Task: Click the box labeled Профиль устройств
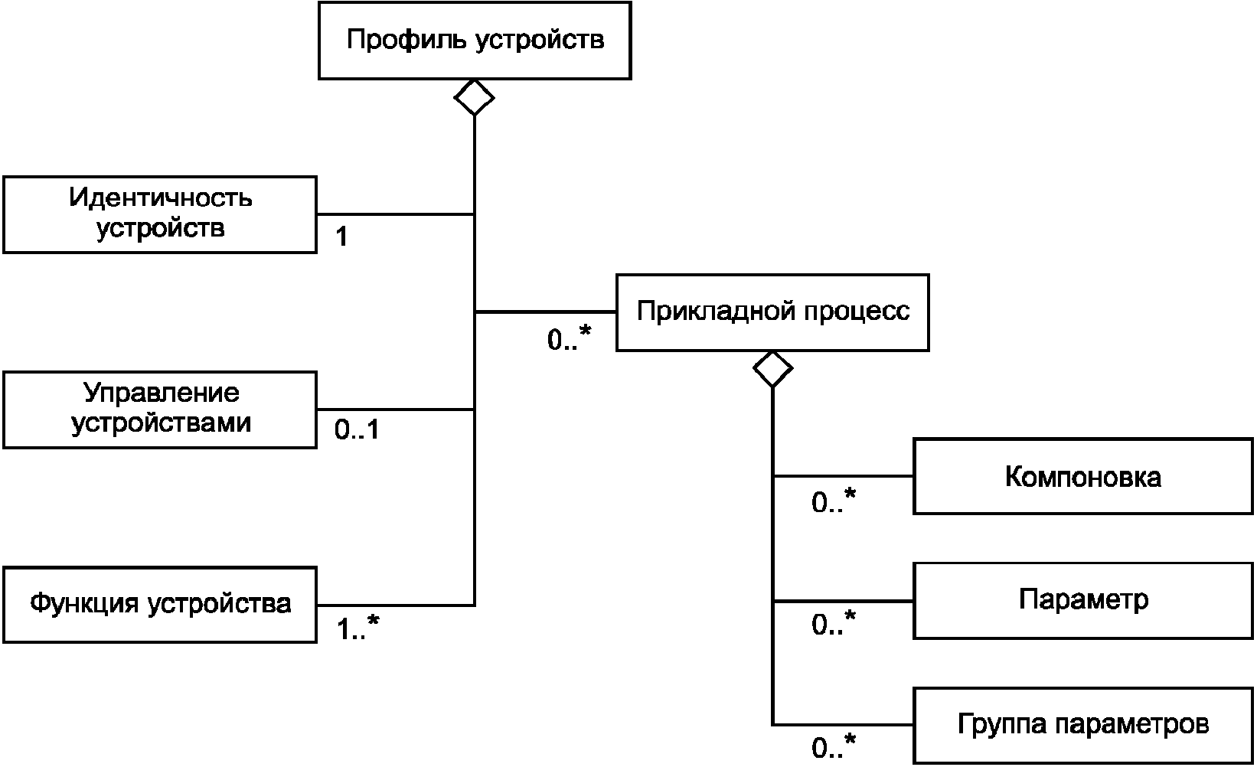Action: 475,41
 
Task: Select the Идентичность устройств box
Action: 160,215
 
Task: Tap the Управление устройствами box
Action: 160,410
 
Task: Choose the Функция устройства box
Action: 160,604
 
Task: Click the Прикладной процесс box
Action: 772,312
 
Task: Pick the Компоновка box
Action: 1083,476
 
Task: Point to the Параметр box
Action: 1083,601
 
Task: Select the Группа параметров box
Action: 1083,726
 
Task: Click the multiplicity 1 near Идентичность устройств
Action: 341,237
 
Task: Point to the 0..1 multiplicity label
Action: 357,429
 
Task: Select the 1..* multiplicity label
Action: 358,627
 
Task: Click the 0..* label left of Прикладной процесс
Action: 569,338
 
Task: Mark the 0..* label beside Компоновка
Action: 834,500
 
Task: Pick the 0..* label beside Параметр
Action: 834,622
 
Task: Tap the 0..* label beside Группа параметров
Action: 834,746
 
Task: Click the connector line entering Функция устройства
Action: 396,605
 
